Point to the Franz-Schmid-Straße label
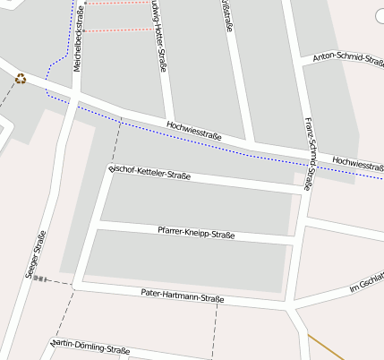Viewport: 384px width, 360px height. coord(308,154)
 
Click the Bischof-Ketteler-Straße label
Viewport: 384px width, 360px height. coord(149,171)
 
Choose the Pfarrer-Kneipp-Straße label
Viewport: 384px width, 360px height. coord(196,233)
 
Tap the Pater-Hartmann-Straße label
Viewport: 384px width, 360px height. coord(183,296)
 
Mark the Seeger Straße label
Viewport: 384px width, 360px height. coord(37,256)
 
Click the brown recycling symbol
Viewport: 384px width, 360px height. coord(21,79)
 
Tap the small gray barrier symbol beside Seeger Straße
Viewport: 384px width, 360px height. coord(38,279)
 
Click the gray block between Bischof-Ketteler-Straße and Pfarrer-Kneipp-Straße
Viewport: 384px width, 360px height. coord(197,201)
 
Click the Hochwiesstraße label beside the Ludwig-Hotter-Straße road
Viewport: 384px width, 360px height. coord(194,130)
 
